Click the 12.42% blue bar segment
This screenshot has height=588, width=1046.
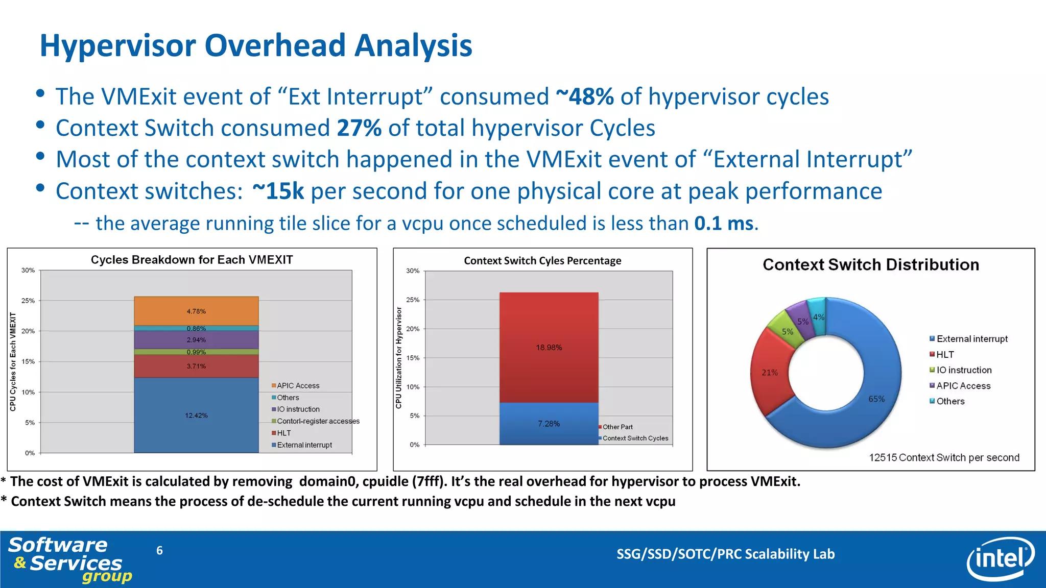coord(196,414)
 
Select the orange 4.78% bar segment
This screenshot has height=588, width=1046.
coord(196,311)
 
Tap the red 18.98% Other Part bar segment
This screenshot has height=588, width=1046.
coord(549,347)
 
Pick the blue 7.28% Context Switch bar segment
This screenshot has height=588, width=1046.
coord(549,424)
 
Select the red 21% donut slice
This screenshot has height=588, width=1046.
coord(770,373)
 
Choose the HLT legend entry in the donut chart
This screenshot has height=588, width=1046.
coord(944,355)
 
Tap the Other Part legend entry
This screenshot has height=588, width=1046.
coord(617,427)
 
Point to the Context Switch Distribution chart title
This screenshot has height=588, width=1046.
coord(870,264)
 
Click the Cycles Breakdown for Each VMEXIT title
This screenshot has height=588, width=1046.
coord(192,260)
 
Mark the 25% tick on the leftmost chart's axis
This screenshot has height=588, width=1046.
coord(28,301)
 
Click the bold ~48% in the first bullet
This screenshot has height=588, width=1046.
coord(584,96)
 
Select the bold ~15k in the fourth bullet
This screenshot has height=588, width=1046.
coord(278,191)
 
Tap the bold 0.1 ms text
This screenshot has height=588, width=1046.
coord(723,224)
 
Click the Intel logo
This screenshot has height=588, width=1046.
coord(1000,559)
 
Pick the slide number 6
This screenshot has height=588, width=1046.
coord(159,550)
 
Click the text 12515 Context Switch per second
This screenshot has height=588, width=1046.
coord(944,457)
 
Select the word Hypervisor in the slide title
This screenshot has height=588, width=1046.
coord(118,45)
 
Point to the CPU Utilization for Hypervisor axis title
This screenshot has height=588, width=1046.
coord(399,357)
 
